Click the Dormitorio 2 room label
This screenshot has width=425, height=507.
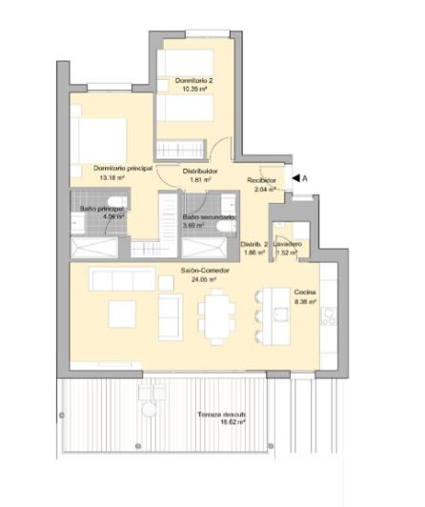194,80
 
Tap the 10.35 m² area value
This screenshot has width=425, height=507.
194,89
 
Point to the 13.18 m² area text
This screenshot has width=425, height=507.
108,176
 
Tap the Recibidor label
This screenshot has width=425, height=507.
262,179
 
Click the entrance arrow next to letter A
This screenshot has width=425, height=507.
297,177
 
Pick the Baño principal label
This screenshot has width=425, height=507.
101,208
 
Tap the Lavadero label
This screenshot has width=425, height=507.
289,245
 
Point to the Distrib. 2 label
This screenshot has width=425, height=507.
253,245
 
